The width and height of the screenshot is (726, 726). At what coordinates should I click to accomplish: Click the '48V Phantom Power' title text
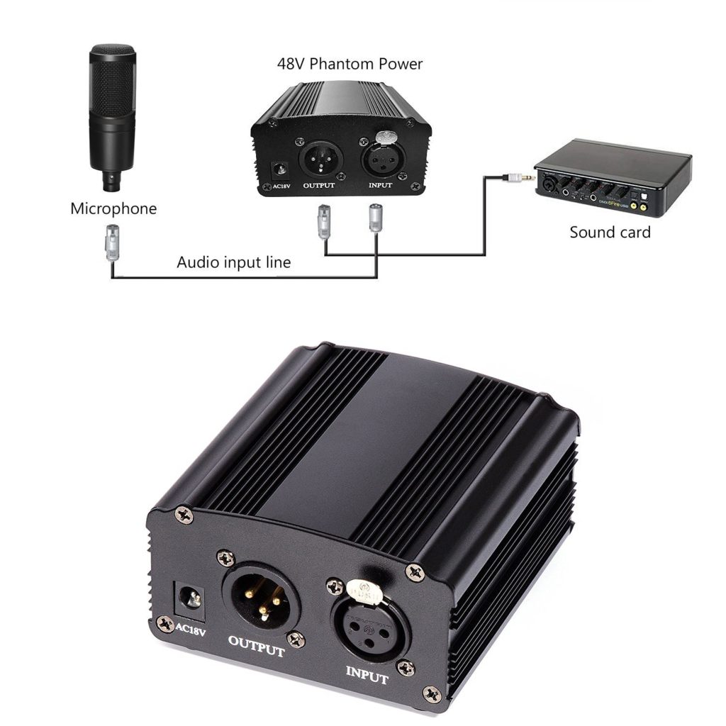tap(350, 64)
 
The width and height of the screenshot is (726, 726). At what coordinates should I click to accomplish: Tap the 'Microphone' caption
tap(113, 208)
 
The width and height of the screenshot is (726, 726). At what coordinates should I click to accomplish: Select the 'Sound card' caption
tap(610, 232)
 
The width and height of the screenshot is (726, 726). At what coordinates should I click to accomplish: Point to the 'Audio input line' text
tap(233, 262)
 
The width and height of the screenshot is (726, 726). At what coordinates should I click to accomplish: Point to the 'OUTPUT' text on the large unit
tap(256, 646)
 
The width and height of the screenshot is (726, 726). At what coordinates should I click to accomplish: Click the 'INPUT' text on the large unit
tap(367, 674)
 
